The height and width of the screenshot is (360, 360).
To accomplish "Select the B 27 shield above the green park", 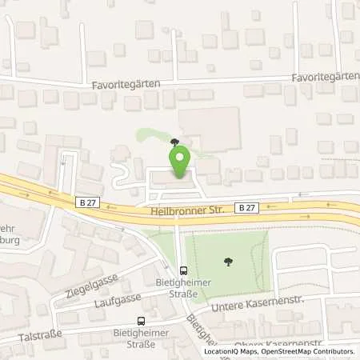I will pyautogui.click(x=247, y=207).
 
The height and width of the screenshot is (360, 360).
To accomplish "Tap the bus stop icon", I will pyautogui.click(x=183, y=270).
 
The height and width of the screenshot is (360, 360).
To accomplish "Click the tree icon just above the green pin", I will pyautogui.click(x=174, y=141).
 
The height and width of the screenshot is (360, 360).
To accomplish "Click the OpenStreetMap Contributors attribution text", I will pyautogui.click(x=307, y=351).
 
